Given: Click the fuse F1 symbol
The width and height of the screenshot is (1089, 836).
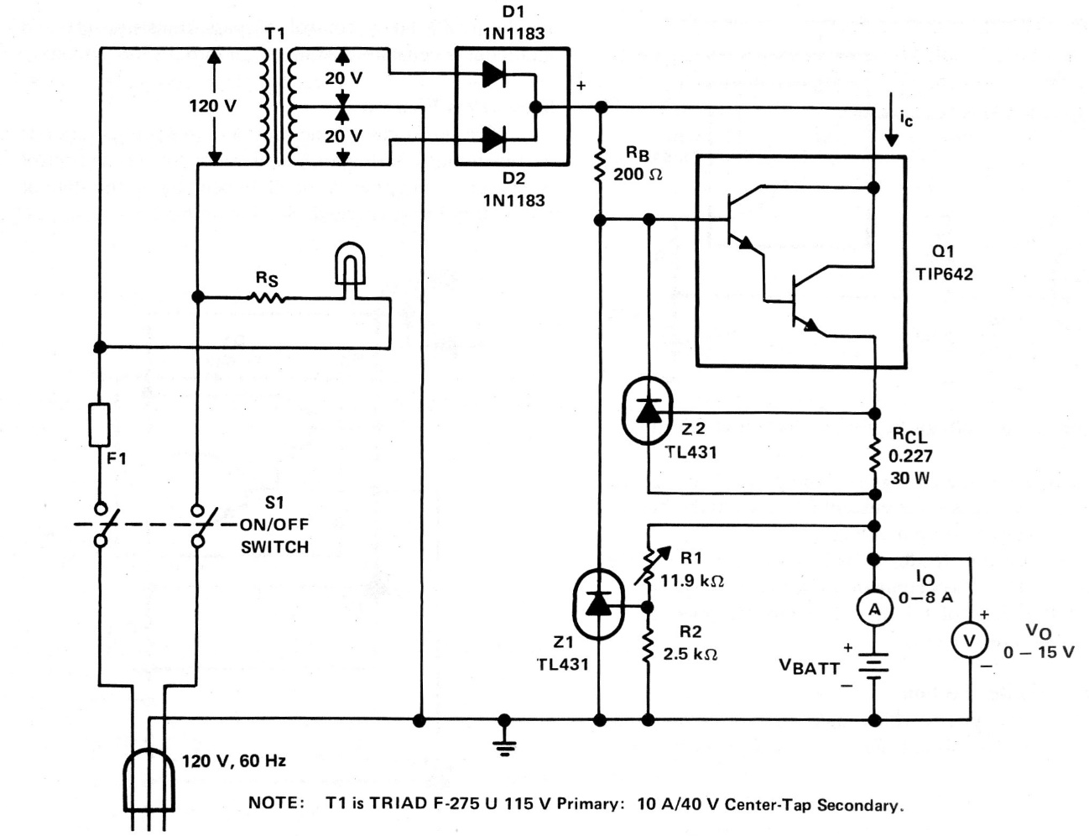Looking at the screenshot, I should [x=99, y=425].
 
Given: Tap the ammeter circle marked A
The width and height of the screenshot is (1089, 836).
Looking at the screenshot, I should [x=874, y=609].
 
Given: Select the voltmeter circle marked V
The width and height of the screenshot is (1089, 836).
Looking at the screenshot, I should [x=969, y=641].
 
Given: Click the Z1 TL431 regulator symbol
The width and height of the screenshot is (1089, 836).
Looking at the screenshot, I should [x=598, y=603].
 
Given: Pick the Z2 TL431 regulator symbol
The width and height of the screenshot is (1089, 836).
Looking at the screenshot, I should [x=649, y=411].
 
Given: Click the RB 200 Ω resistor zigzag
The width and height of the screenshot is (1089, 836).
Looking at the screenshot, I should [x=600, y=165].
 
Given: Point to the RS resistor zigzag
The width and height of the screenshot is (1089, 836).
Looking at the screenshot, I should [x=267, y=296].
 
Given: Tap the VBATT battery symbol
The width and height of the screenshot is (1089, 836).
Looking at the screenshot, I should [x=874, y=667].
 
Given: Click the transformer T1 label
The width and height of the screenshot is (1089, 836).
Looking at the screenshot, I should [x=274, y=34].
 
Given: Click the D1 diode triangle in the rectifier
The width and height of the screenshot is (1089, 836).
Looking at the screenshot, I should [x=494, y=75].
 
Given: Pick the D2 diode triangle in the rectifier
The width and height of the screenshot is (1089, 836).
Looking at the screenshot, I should [x=494, y=139].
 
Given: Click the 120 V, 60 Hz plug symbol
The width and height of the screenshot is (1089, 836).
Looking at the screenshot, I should [x=148, y=776].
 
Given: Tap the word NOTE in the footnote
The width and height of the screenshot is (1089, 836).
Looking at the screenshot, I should [x=277, y=803].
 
